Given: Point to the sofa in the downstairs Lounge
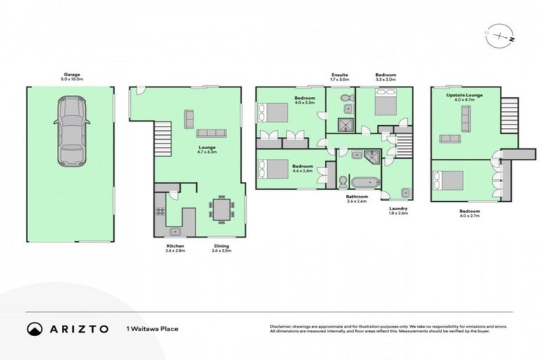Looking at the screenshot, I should [210, 134].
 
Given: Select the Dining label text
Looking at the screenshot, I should [221, 247].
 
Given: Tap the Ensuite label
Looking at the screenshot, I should [340, 76].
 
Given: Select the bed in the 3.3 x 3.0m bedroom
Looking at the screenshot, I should [385, 105].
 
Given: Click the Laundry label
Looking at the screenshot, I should [398, 209].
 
